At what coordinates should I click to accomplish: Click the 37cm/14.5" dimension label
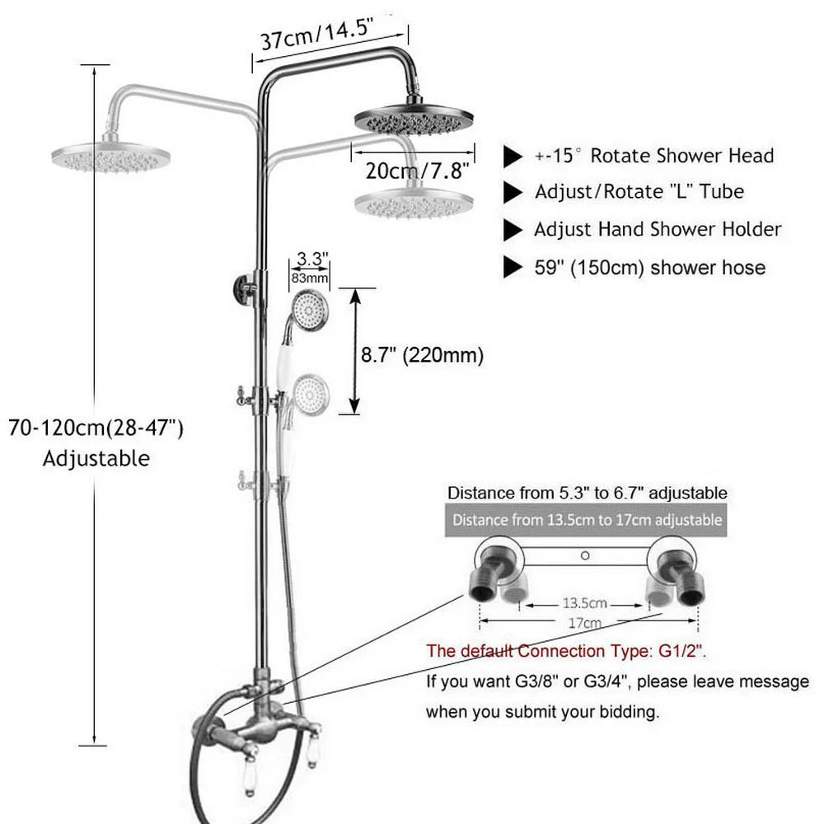click(316, 33)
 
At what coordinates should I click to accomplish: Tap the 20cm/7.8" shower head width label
click(417, 171)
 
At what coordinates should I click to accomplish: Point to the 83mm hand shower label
click(310, 278)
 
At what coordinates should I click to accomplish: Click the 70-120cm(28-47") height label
click(96, 428)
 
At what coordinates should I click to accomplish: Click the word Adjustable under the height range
click(96, 458)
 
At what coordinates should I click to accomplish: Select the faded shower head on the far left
click(111, 157)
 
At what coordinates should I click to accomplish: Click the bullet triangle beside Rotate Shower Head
click(513, 156)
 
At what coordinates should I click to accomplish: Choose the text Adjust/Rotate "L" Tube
click(639, 192)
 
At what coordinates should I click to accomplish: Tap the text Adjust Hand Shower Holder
click(658, 230)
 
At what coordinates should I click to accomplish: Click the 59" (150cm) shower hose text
click(649, 268)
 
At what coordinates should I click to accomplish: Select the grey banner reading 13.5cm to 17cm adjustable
click(586, 520)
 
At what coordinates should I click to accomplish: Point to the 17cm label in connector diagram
click(584, 623)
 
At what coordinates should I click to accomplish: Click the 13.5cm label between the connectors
click(584, 603)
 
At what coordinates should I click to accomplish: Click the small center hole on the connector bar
click(585, 555)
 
